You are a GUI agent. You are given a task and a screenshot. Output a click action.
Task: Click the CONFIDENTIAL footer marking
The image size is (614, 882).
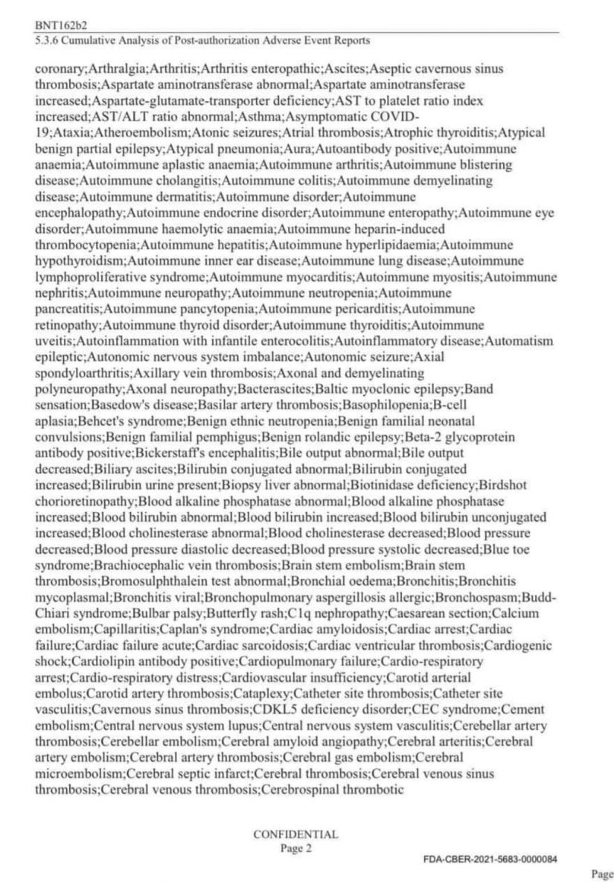coord(296,834)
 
